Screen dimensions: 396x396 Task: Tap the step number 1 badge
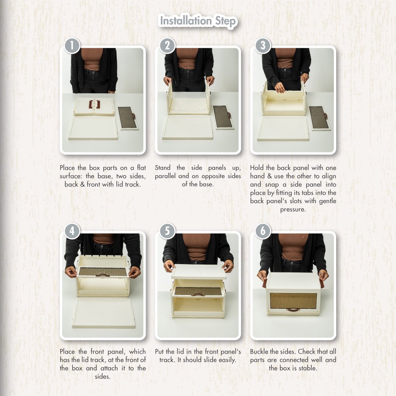coord(72,46)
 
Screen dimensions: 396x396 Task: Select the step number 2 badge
coord(167,46)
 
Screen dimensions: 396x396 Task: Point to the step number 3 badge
coord(263,46)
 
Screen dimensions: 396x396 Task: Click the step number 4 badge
coord(72,231)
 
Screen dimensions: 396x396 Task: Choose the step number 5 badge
coord(167,231)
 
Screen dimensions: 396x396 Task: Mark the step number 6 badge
coord(263,231)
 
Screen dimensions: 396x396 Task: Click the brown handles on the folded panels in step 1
coord(94,104)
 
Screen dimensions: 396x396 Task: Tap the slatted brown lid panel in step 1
coord(128,118)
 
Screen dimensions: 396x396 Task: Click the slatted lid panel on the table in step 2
coord(223,117)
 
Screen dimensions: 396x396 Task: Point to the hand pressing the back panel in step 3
coord(280,88)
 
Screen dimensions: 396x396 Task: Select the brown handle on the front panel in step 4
coord(103,275)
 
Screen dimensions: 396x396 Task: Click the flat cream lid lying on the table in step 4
coord(103,313)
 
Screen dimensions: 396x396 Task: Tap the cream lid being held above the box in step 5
coord(199,272)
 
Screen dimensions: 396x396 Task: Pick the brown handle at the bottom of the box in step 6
coord(293,310)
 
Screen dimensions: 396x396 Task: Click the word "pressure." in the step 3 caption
coord(293,209)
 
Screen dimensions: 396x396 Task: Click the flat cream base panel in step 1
coord(93,128)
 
